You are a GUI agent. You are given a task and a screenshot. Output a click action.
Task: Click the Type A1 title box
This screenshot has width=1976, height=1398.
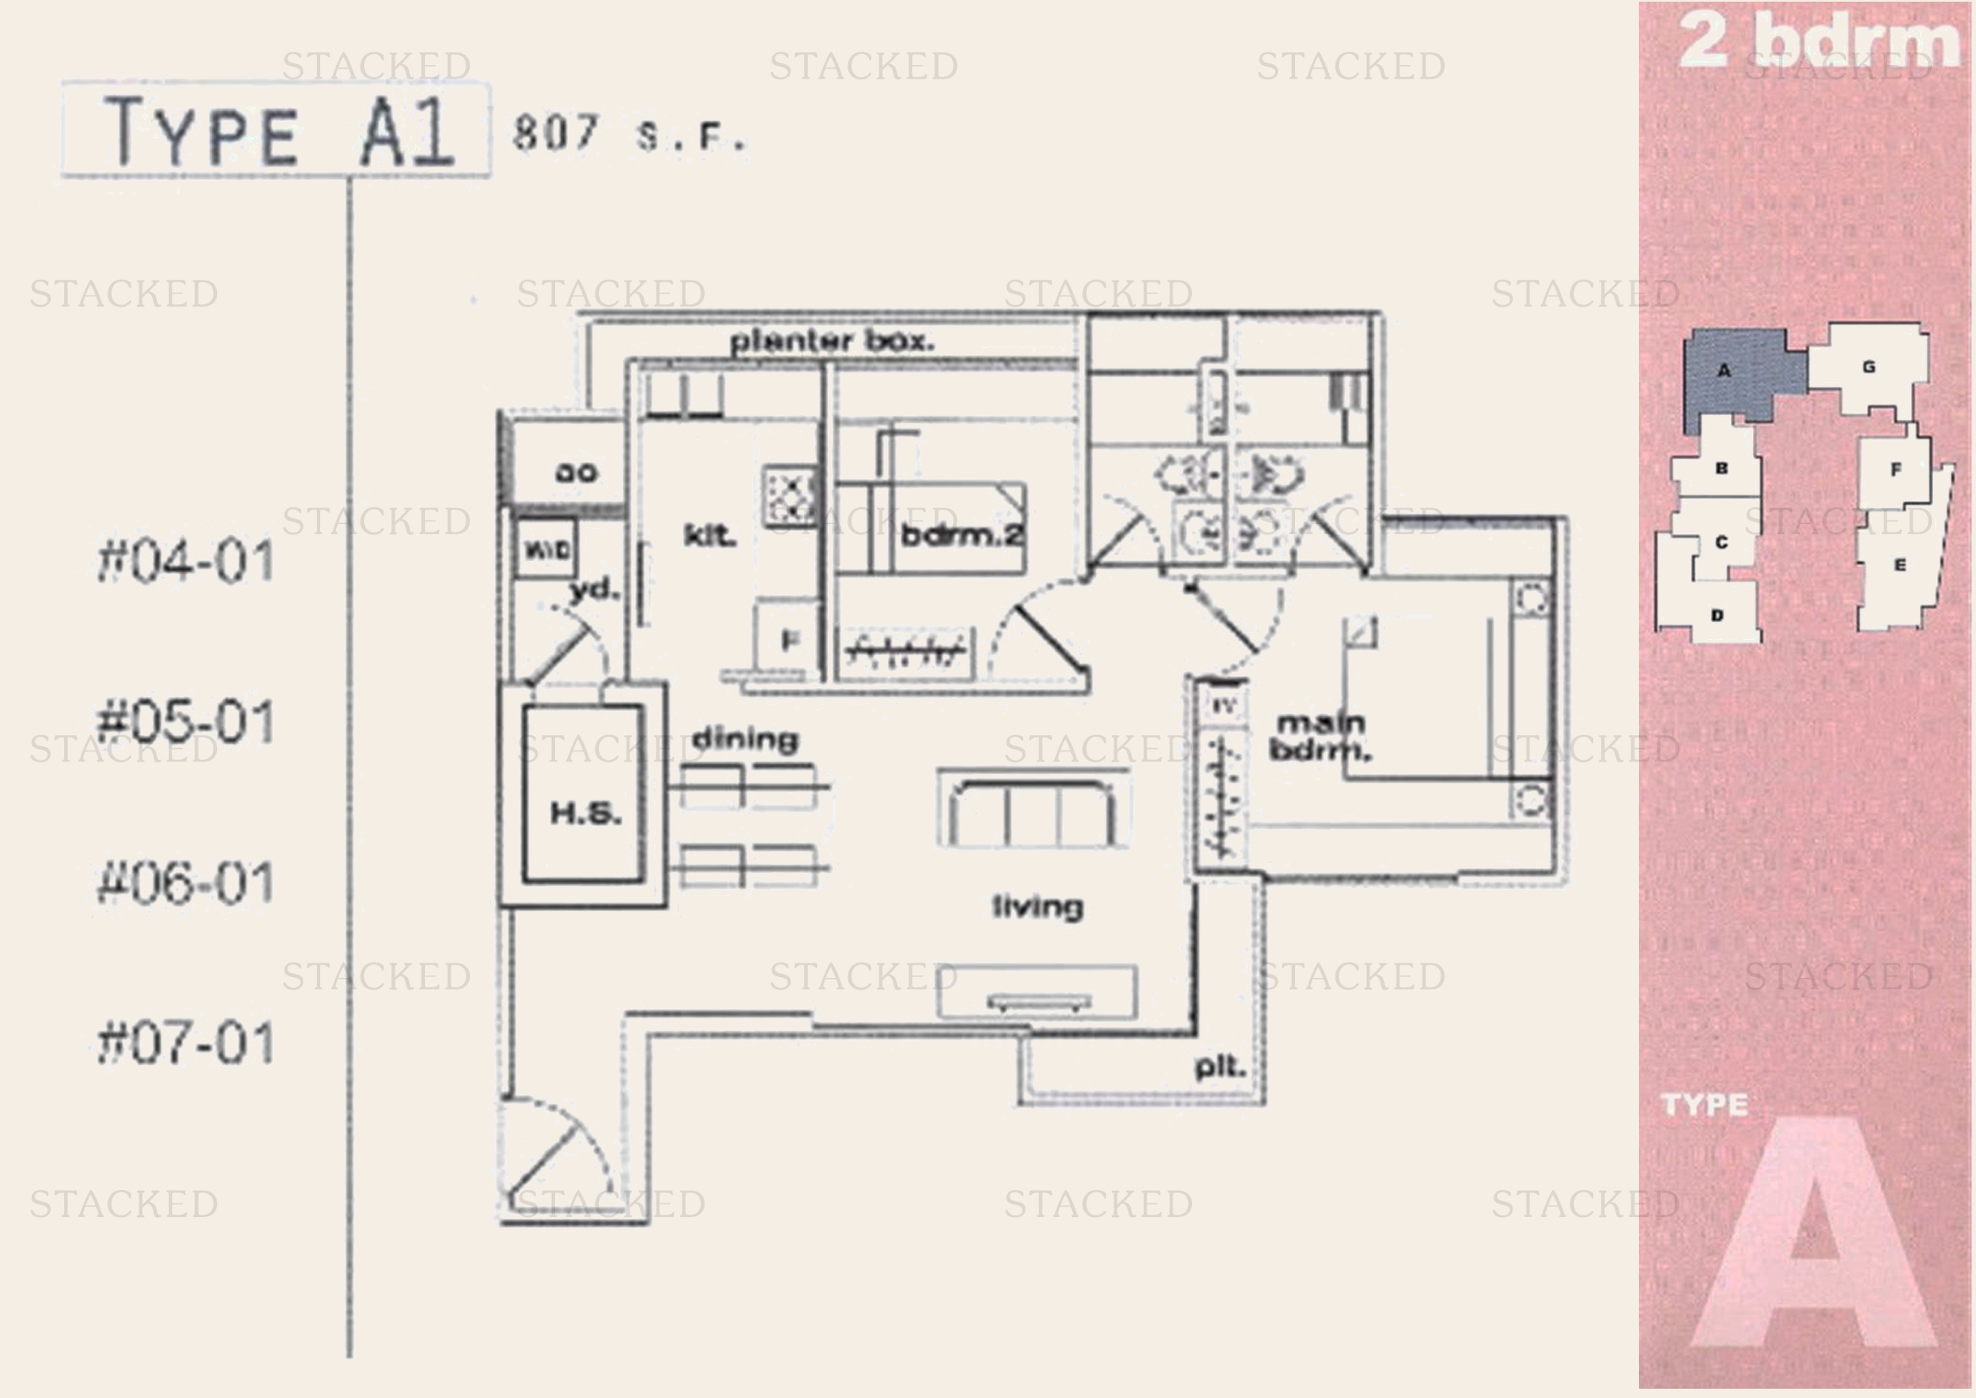(275, 131)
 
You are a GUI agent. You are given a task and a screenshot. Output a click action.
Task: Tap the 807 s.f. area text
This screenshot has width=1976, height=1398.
(629, 135)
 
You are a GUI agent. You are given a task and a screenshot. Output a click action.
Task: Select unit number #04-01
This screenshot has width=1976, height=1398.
(186, 561)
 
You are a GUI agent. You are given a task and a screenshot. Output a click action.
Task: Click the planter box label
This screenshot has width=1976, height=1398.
(831, 341)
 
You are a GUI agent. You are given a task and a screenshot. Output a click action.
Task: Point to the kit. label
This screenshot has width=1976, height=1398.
(709, 535)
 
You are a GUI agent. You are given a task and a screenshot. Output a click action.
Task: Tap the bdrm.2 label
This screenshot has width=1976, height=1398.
(961, 535)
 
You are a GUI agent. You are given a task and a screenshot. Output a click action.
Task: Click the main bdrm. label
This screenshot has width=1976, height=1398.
(1320, 736)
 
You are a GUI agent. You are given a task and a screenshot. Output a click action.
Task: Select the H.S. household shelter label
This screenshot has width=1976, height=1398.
(585, 811)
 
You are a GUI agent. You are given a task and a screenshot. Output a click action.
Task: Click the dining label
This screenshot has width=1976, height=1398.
(745, 739)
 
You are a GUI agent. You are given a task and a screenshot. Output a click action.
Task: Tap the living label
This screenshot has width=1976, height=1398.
(1038, 906)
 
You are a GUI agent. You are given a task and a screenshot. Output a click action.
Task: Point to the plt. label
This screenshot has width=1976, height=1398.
(1221, 1068)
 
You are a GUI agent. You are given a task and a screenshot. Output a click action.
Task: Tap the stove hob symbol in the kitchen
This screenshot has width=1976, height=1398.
(789, 496)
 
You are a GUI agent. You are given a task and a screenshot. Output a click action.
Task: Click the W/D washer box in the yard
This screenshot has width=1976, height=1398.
(547, 549)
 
